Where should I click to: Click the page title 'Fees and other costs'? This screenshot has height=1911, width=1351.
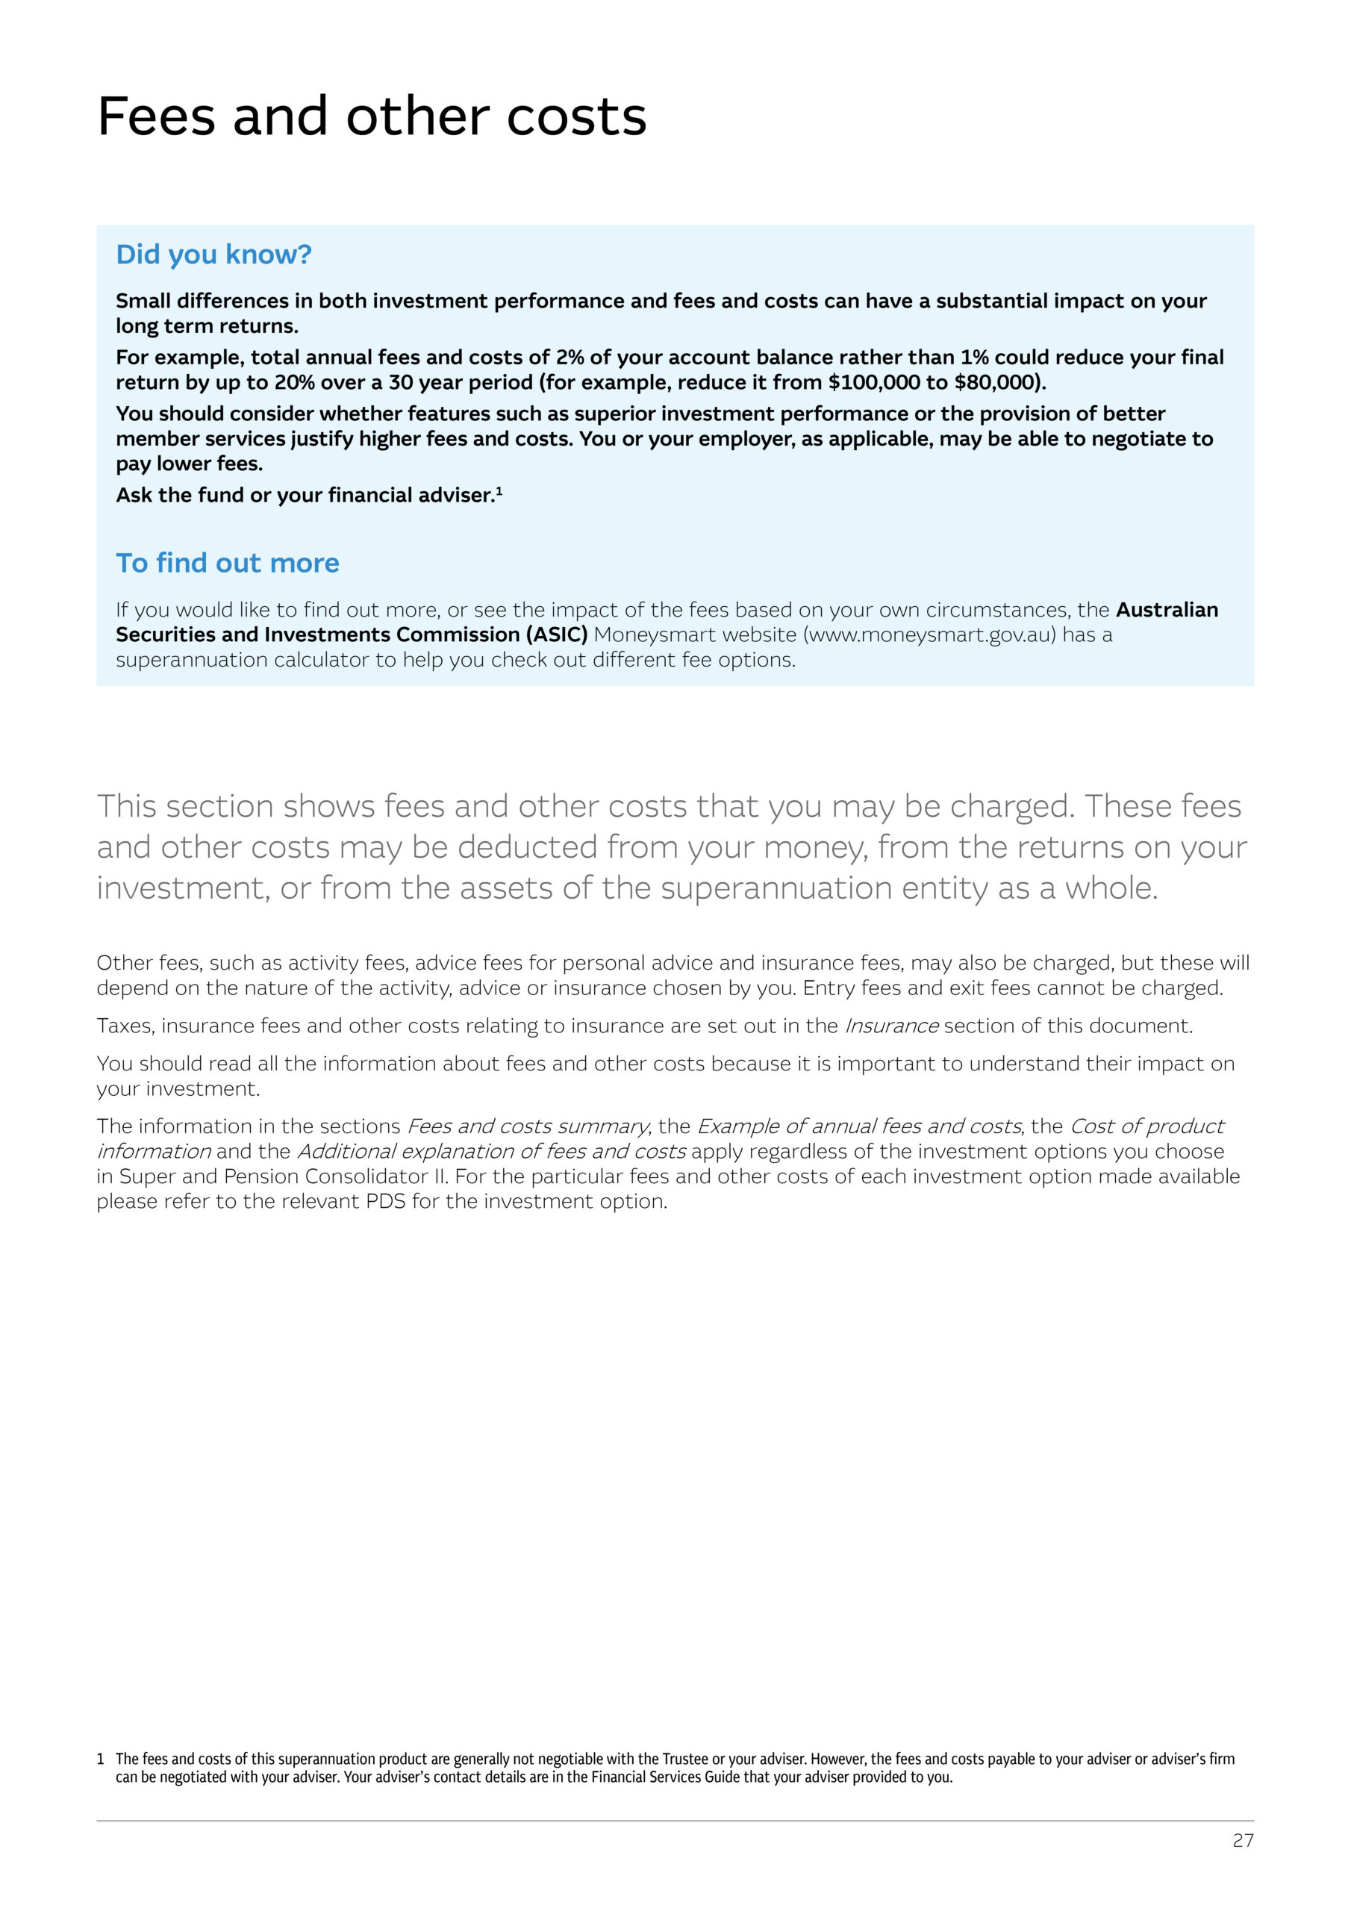371,116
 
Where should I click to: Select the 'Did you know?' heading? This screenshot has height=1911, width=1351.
213,255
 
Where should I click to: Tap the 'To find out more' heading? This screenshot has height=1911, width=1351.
227,564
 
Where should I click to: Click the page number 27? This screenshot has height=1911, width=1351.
1243,1840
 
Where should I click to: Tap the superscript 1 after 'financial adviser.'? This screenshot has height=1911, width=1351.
499,491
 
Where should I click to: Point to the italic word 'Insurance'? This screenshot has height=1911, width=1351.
891,1026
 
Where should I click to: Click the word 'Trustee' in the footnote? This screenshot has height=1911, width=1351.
685,1759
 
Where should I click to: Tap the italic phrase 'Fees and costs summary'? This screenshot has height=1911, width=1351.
527,1127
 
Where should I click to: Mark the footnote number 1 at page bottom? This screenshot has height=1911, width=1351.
101,1759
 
